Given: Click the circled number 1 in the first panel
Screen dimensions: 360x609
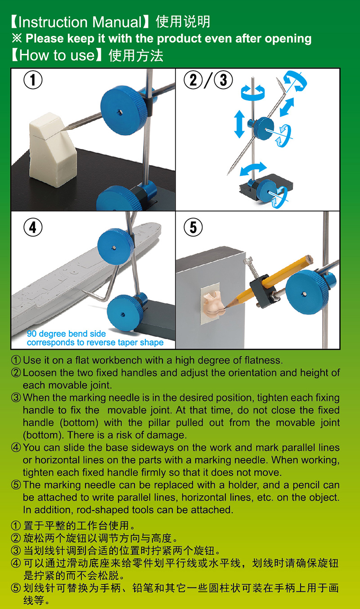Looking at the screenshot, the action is click(x=33, y=80).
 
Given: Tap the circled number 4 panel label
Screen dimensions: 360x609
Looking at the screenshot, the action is click(x=33, y=227).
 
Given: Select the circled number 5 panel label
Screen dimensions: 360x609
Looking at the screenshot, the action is click(x=193, y=227).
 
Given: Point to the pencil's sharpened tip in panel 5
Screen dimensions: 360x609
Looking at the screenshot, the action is click(x=225, y=306).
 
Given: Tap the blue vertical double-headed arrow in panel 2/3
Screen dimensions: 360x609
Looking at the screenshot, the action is click(x=239, y=124).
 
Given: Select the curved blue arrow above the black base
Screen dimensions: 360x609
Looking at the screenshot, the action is click(x=253, y=169).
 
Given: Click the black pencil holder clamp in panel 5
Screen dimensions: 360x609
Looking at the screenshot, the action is click(x=263, y=291).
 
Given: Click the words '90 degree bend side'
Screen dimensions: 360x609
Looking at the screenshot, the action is click(x=66, y=334).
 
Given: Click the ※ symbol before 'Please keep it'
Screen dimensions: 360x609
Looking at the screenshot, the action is click(x=17, y=38).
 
